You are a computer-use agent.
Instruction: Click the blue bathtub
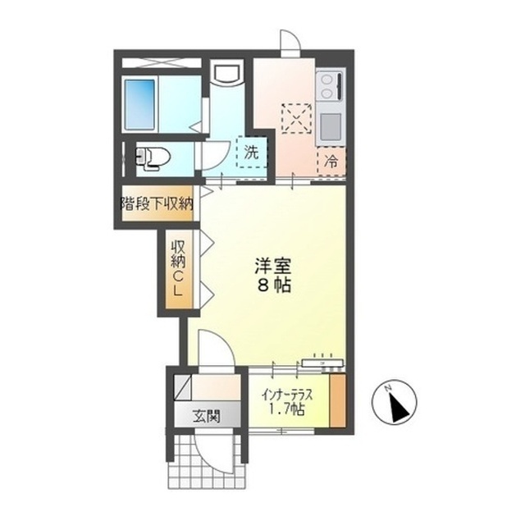(x=140, y=104)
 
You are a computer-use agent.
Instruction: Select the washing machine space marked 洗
(x=252, y=153)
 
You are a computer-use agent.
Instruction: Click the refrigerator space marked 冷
(x=331, y=162)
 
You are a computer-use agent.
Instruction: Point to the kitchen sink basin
(x=330, y=127)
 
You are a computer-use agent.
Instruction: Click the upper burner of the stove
(x=326, y=80)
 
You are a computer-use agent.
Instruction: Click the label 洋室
(x=272, y=266)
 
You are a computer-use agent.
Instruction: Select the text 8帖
(x=274, y=285)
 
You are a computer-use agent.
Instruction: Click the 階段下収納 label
(x=157, y=203)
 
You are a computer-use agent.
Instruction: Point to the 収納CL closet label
(x=178, y=269)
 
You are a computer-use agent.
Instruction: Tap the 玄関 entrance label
(x=207, y=417)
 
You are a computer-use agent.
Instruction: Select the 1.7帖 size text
(x=287, y=409)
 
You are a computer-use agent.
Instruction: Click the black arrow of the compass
(x=399, y=409)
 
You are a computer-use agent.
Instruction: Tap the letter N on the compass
(x=388, y=388)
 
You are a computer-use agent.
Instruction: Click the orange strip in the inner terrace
(x=337, y=400)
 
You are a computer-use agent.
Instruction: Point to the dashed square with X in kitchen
(x=297, y=118)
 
